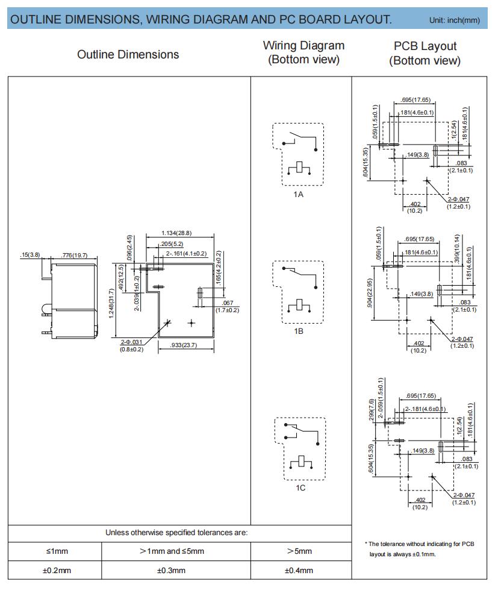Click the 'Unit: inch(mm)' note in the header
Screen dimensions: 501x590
pyautogui.click(x=455, y=20)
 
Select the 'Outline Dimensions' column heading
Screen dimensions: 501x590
pyautogui.click(x=128, y=55)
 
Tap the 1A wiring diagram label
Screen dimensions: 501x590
pyautogui.click(x=299, y=194)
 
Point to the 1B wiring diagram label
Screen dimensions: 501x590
pyautogui.click(x=299, y=331)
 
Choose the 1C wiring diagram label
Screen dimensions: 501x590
pyautogui.click(x=300, y=488)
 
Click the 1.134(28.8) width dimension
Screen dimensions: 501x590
pyautogui.click(x=176, y=233)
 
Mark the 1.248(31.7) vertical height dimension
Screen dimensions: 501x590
pyautogui.click(x=111, y=303)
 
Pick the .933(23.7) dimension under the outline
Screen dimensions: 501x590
pyautogui.click(x=184, y=345)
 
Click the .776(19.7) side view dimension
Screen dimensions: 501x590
pyautogui.click(x=75, y=255)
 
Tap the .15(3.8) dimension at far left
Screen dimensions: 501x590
pyautogui.click(x=30, y=255)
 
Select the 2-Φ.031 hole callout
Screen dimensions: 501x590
pyautogui.click(x=131, y=342)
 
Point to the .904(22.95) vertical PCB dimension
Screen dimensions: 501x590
pyautogui.click(x=370, y=293)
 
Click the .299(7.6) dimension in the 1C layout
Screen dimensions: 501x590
pyautogui.click(x=372, y=410)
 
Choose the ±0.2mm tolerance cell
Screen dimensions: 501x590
pyautogui.click(x=57, y=571)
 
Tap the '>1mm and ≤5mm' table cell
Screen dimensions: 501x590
pyautogui.click(x=172, y=551)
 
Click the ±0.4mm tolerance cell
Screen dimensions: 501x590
pyautogui.click(x=299, y=571)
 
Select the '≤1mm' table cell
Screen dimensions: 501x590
pyautogui.click(x=57, y=551)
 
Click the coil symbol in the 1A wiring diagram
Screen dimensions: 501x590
pyautogui.click(x=299, y=168)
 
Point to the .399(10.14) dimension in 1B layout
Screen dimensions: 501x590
pyautogui.click(x=457, y=248)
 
